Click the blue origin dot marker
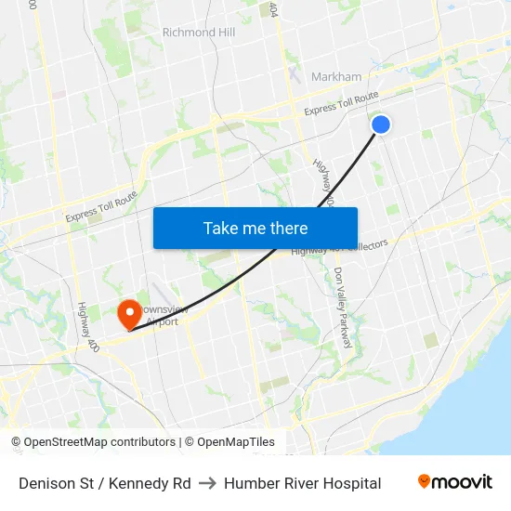coord(380,124)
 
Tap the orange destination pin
coord(127,312)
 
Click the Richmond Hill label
coord(199,33)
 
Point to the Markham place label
coord(336,77)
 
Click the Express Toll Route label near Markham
coord(341,103)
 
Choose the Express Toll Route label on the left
coord(101,206)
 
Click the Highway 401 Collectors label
coord(339,247)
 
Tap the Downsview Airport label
coord(164,315)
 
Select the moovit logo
coord(455,482)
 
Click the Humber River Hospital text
coord(302,483)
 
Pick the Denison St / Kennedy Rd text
coord(105,483)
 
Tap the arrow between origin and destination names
coord(207,483)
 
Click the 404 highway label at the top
coord(273,9)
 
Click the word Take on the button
coord(222,228)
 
